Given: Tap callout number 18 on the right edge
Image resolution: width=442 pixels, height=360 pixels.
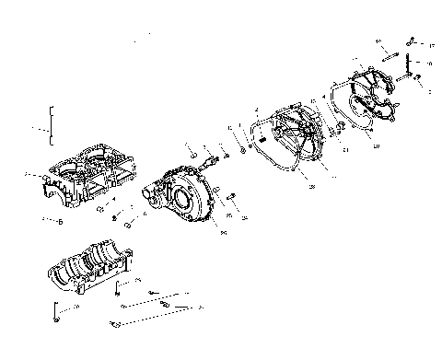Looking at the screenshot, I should point(430,64).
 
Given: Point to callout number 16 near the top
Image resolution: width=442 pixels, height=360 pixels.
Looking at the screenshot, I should point(378,41).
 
